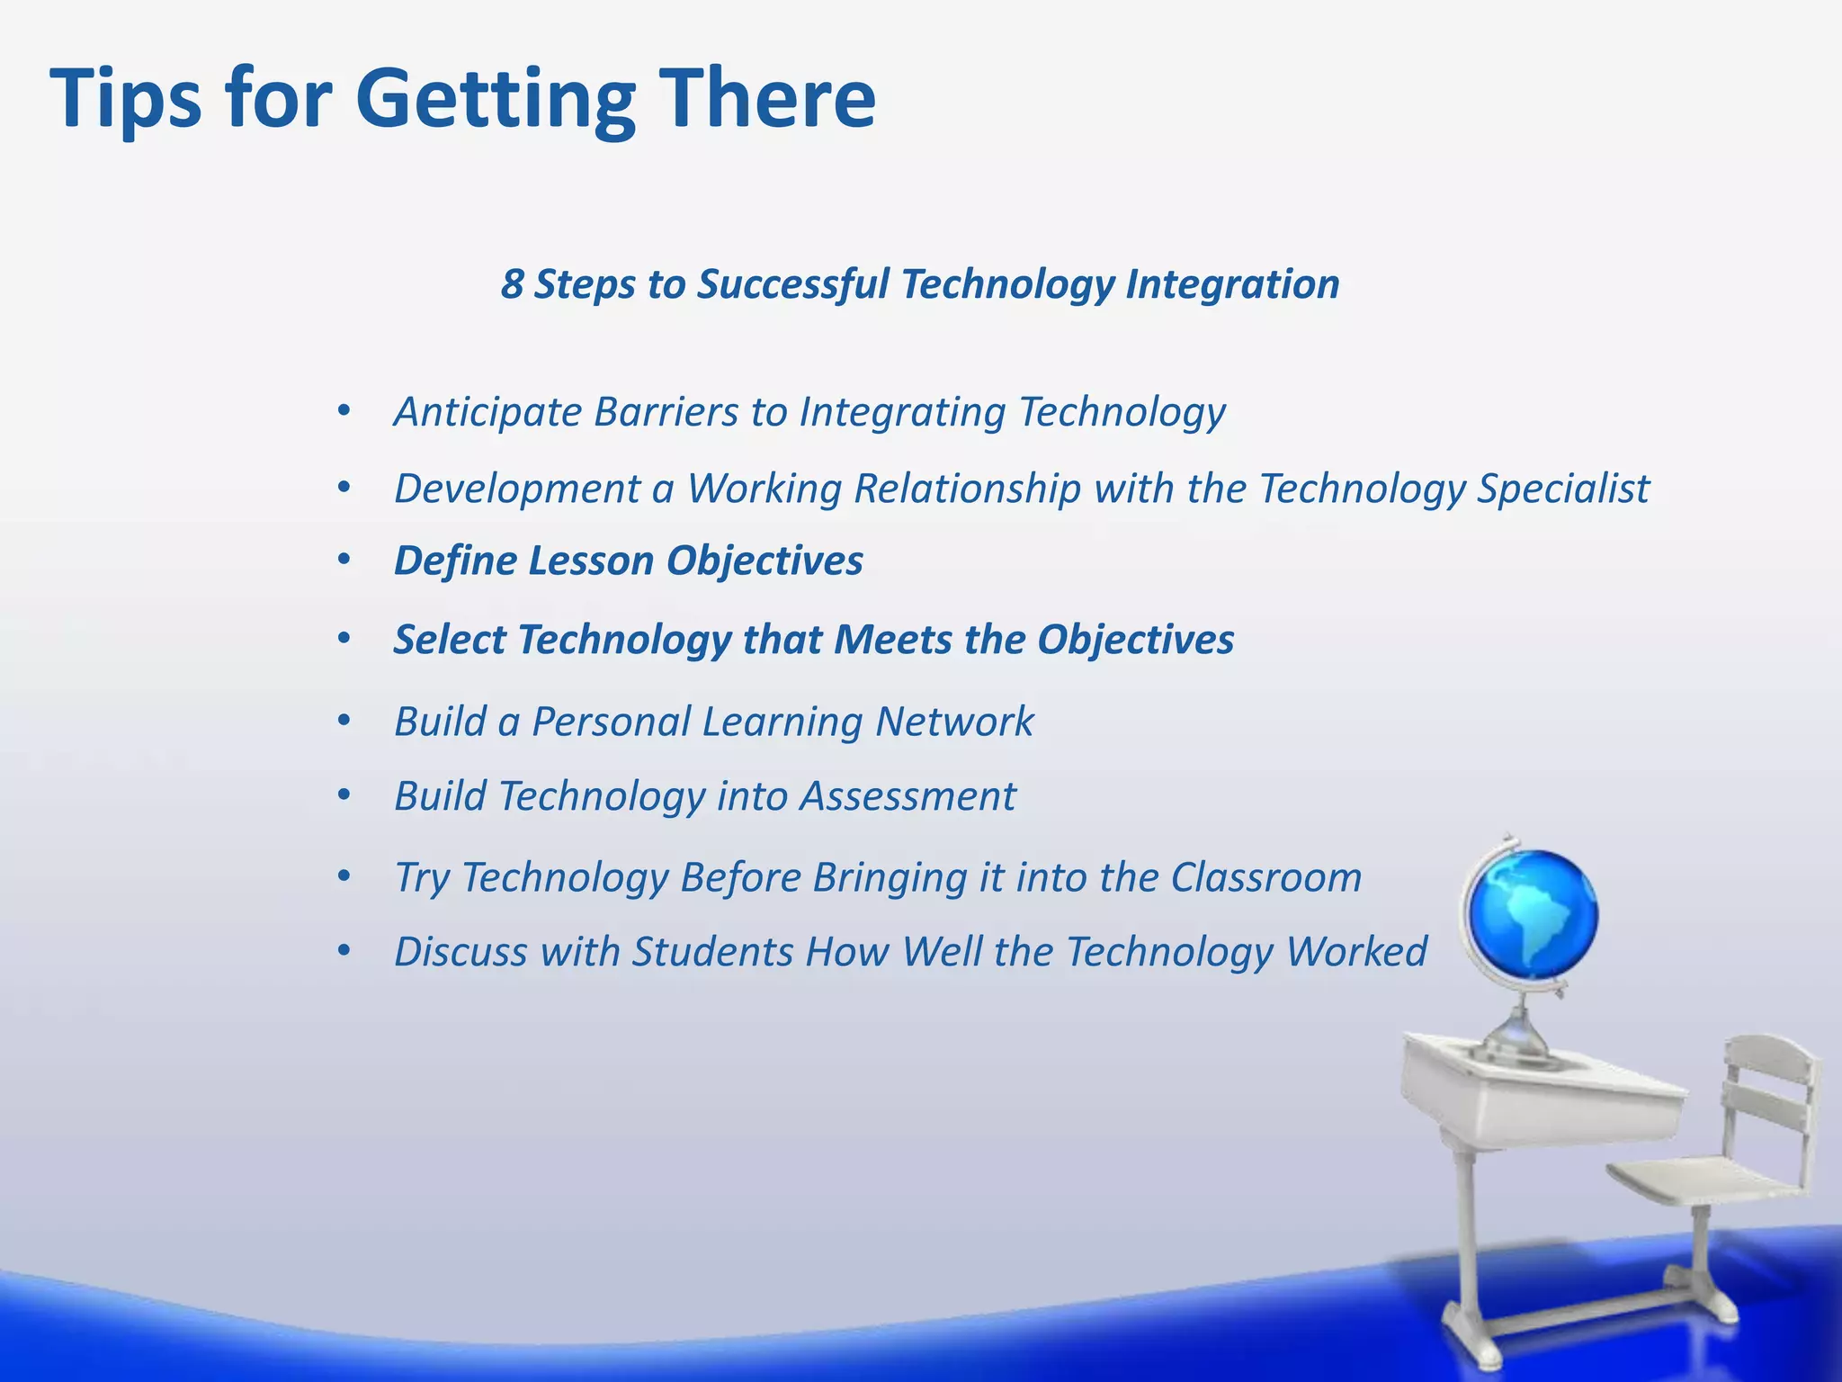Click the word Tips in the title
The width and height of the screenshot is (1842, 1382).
pyautogui.click(x=126, y=99)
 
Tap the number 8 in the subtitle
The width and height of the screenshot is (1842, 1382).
pyautogui.click(x=512, y=284)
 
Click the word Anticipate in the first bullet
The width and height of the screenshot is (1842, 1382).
pyautogui.click(x=487, y=413)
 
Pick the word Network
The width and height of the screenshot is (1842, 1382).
pyautogui.click(x=954, y=722)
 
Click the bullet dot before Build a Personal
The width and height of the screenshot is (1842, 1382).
pyautogui.click(x=343, y=722)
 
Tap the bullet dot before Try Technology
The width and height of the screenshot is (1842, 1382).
pyautogui.click(x=343, y=877)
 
